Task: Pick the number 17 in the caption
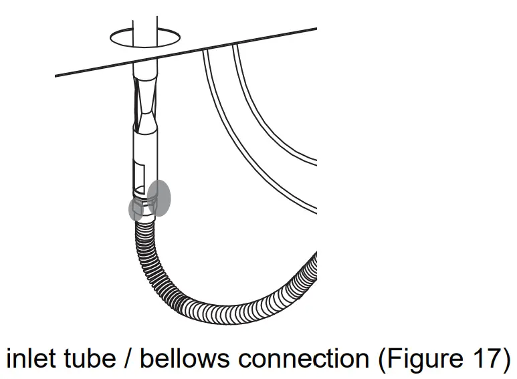(x=481, y=358)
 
